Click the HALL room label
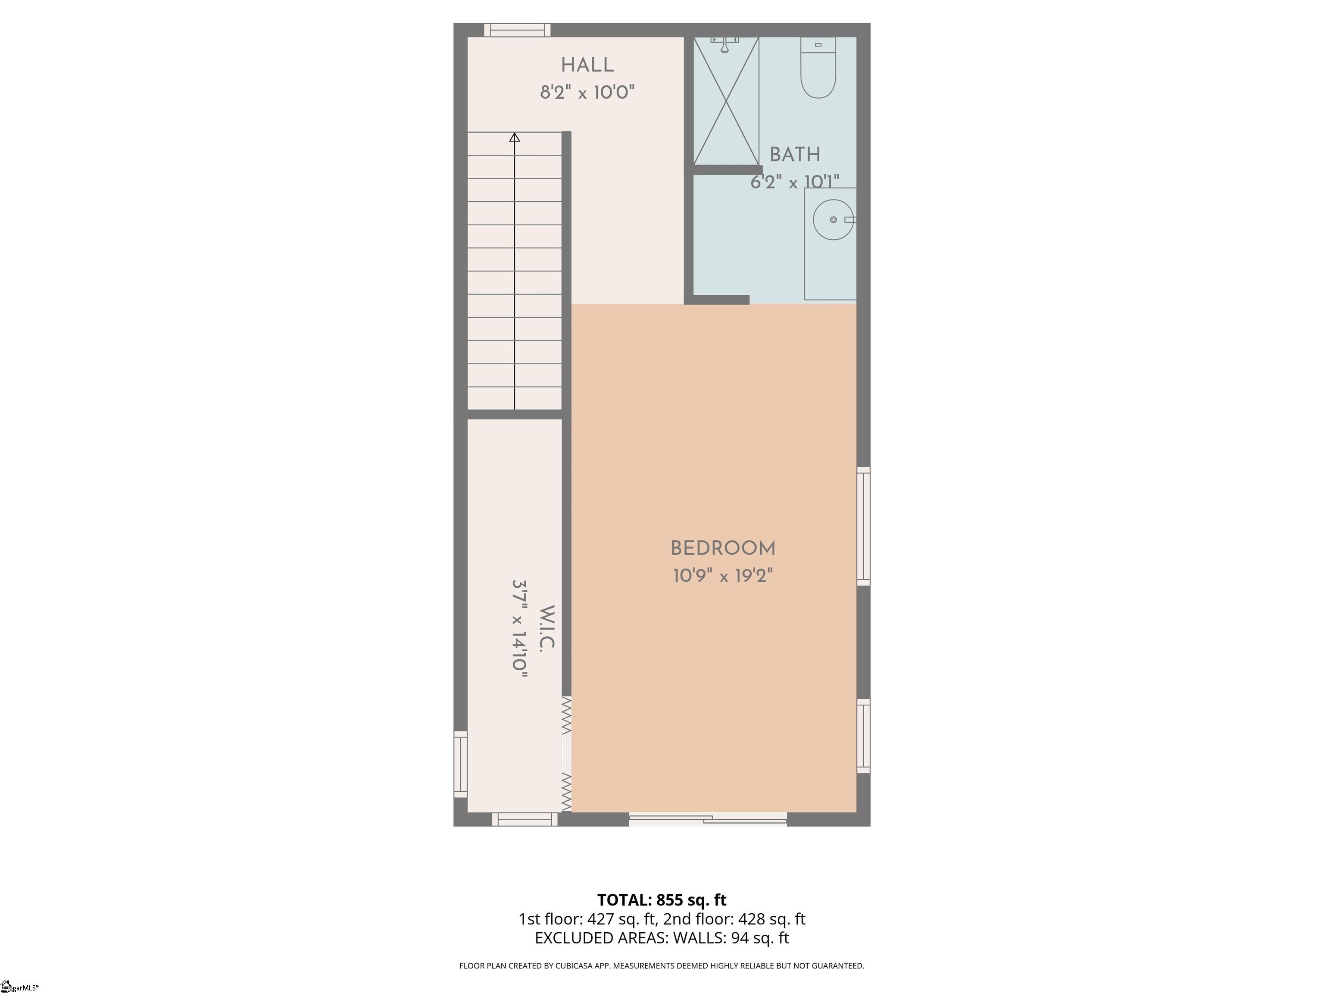click(587, 65)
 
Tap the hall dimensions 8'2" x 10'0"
click(587, 93)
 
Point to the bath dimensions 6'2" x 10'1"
click(795, 182)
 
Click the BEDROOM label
click(723, 548)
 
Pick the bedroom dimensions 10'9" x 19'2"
click(723, 576)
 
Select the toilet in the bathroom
click(818, 68)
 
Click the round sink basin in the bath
click(833, 220)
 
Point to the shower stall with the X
click(726, 100)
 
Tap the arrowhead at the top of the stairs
click(514, 137)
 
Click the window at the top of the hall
click(517, 30)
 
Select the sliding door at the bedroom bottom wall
click(708, 819)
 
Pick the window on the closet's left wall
click(460, 764)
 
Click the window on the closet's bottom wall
click(525, 819)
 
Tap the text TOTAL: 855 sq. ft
click(662, 899)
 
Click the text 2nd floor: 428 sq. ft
click(734, 919)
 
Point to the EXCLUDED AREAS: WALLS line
click(662, 938)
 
